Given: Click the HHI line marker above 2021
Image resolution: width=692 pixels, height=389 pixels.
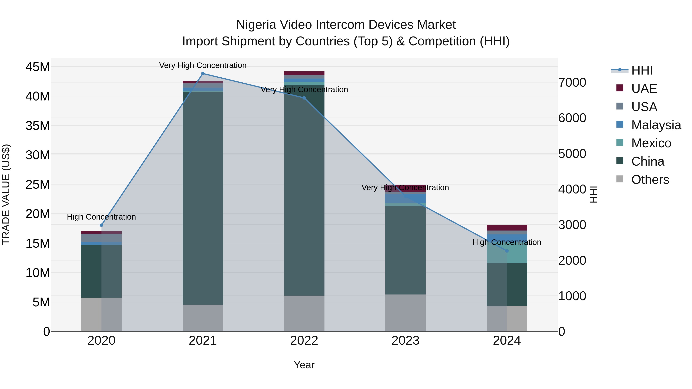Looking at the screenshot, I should pyautogui.click(x=203, y=74).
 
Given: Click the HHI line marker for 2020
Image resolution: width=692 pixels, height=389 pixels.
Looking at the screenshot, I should pyautogui.click(x=101, y=225).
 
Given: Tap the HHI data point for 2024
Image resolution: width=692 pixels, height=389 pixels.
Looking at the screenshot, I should pyautogui.click(x=507, y=251).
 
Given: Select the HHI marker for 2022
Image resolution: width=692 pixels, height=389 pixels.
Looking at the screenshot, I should pyautogui.click(x=304, y=98).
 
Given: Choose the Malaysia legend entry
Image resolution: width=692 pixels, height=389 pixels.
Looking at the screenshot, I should pyautogui.click(x=655, y=125).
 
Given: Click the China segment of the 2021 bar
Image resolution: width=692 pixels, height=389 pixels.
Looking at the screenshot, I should pyautogui.click(x=203, y=199).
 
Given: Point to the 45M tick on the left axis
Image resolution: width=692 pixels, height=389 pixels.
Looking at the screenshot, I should pyautogui.click(x=38, y=67).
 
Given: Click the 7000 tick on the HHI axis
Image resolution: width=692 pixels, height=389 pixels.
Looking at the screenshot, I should pyautogui.click(x=572, y=82).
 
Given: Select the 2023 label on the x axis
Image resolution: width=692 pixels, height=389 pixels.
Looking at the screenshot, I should pyautogui.click(x=405, y=341).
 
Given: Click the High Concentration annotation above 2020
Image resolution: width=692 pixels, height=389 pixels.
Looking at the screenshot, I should pyautogui.click(x=101, y=217).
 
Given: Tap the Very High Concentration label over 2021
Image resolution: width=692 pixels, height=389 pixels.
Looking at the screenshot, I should pyautogui.click(x=203, y=66).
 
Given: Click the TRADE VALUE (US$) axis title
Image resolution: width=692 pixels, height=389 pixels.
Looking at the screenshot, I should pyautogui.click(x=6, y=194).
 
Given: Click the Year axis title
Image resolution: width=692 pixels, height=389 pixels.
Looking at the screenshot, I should pyautogui.click(x=304, y=365).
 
